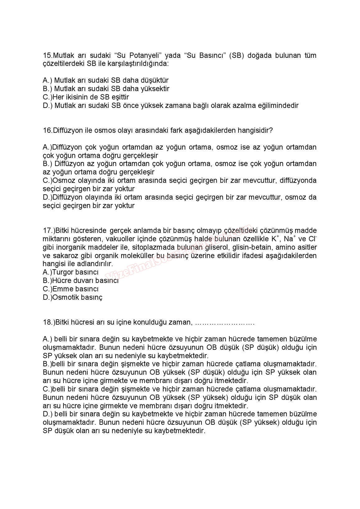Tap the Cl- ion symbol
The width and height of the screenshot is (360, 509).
click(x=312, y=238)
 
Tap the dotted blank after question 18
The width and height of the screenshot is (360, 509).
click(x=225, y=322)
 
